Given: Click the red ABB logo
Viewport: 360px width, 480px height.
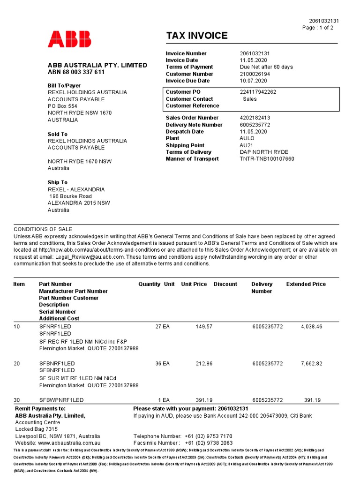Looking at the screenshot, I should [69, 39].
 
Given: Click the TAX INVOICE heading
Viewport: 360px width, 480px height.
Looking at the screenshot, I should [196, 36].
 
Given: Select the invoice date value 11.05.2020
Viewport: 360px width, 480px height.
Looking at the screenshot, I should [253, 60].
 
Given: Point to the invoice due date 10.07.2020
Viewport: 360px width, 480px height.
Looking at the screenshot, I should [253, 81].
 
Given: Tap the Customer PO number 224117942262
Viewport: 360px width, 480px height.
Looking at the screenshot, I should [258, 92].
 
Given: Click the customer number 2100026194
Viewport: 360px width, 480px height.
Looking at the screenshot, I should [255, 74].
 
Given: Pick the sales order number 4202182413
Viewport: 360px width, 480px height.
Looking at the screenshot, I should [255, 118].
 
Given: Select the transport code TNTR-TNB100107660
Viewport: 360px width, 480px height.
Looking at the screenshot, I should [267, 159].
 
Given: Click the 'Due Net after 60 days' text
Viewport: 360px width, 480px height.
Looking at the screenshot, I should [266, 67].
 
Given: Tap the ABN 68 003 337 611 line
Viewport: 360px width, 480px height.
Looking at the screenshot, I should [76, 72].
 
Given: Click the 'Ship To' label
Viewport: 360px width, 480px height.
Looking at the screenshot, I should [57, 182].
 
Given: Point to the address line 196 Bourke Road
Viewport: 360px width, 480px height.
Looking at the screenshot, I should [71, 196].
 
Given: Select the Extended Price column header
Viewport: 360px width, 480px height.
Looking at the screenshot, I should [306, 284].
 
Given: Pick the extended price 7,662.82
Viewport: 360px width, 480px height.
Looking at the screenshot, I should [311, 363].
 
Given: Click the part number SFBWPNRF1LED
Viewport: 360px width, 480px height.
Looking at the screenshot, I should [61, 400].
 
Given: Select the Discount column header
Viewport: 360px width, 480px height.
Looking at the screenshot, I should [225, 284].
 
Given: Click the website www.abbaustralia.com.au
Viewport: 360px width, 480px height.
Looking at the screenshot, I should [69, 442].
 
